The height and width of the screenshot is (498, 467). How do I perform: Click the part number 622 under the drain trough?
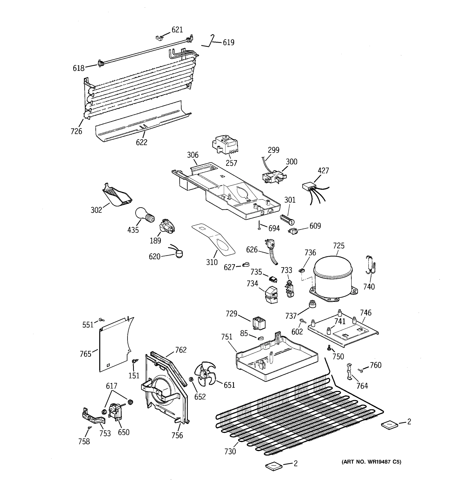[x=142, y=142]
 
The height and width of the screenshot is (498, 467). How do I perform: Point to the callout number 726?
[x=76, y=131]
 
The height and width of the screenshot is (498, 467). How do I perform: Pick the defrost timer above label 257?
[x=225, y=145]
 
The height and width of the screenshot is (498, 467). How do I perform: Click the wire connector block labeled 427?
[x=309, y=187]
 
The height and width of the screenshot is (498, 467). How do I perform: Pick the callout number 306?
[x=192, y=155]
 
